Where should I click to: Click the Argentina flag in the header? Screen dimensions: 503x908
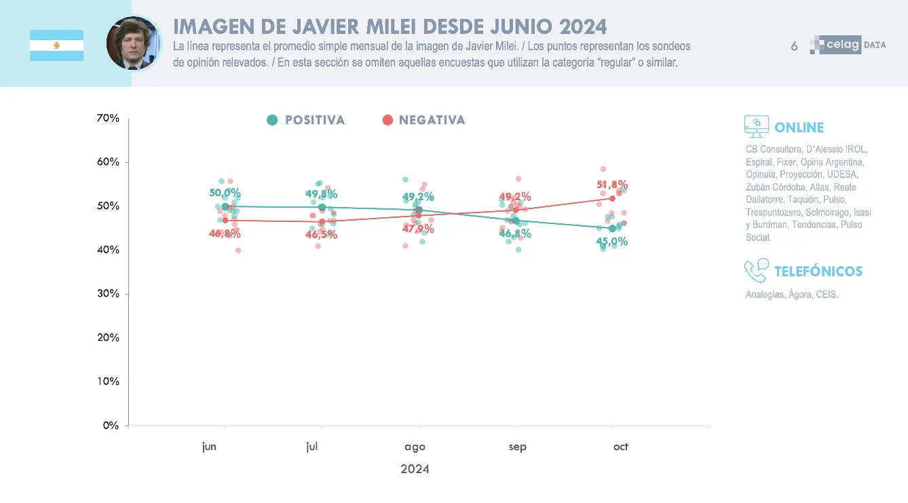pos(56,45)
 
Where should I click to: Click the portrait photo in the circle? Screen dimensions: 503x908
pos(134,43)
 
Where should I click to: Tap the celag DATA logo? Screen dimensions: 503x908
pos(848,45)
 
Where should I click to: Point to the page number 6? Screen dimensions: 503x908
pos(794,46)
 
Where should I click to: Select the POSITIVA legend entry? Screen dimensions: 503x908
pos(306,120)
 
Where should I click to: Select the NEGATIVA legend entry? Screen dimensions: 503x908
pos(423,120)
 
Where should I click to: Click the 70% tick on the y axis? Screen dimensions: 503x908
pos(108,118)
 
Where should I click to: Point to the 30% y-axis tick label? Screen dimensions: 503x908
pos(108,294)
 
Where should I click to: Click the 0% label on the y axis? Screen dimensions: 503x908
pos(111,426)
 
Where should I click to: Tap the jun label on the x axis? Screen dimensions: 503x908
pos(209,447)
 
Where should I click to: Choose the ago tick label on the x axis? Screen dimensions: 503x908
pos(415,447)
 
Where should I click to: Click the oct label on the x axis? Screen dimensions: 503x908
pos(620,447)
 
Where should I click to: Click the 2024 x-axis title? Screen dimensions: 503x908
pos(415,469)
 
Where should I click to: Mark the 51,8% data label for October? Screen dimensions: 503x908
pos(611,185)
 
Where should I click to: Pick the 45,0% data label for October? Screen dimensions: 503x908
pos(611,242)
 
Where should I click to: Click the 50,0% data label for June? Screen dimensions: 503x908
pos(225,193)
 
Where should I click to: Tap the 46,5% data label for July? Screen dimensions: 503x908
pos(321,235)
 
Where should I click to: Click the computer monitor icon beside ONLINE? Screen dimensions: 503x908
pos(756,127)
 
